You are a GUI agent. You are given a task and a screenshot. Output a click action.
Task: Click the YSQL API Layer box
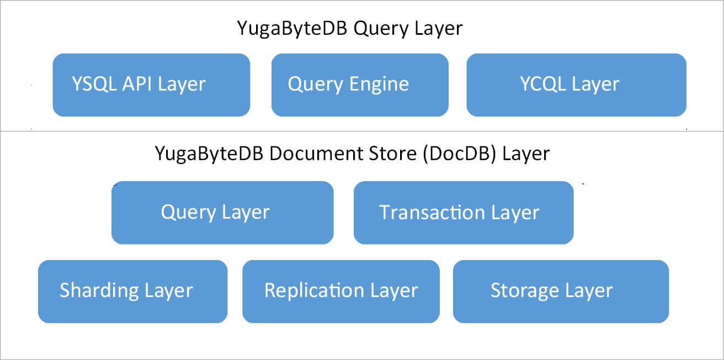click(x=151, y=85)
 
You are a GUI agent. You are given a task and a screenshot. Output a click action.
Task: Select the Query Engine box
click(x=360, y=85)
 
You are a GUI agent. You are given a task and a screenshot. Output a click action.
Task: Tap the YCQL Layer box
click(x=576, y=85)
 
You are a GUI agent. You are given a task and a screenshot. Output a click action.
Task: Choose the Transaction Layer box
click(x=464, y=213)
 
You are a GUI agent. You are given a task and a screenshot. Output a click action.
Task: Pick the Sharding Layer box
click(x=132, y=291)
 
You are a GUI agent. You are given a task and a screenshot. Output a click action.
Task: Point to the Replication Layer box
click(x=340, y=291)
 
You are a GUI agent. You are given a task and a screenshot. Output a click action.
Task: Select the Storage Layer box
click(x=561, y=291)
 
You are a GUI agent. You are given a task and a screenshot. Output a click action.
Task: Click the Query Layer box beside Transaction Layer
click(x=222, y=213)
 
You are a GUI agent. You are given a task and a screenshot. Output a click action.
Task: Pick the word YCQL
click(x=542, y=84)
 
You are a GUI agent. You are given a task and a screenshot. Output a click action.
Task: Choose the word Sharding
click(x=99, y=291)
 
